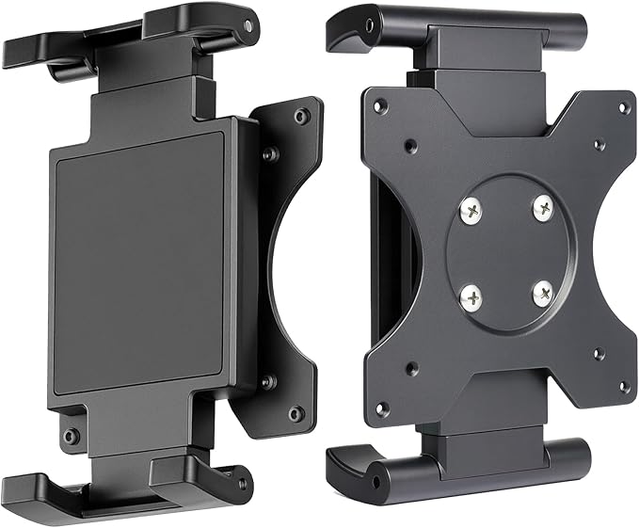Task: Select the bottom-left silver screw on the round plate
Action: [x=470, y=296]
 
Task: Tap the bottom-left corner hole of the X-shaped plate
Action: [x=381, y=408]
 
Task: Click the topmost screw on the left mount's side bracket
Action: [x=300, y=117]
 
